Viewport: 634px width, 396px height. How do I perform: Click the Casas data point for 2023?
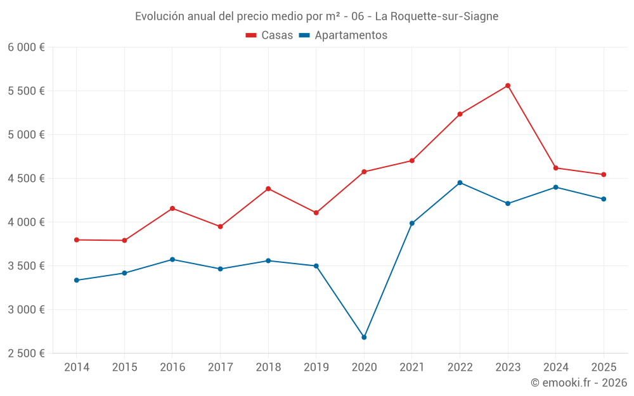click(508, 86)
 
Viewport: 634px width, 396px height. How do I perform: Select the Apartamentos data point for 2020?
click(364, 337)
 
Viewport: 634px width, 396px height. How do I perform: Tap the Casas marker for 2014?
click(76, 240)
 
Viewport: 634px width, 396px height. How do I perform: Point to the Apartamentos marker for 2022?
click(460, 182)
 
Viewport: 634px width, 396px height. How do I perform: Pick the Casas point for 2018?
click(268, 189)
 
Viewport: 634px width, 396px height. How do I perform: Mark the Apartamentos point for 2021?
click(412, 223)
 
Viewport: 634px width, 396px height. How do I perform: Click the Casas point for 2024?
click(556, 168)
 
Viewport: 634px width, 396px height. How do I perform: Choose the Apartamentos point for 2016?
click(172, 259)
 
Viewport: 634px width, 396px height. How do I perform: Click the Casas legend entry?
click(269, 35)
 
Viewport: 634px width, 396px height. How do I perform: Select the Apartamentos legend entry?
click(343, 35)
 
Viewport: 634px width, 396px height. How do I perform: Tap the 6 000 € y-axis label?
click(26, 48)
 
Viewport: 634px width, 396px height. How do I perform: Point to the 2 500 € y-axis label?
click(26, 354)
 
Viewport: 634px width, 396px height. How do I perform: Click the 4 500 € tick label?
click(26, 179)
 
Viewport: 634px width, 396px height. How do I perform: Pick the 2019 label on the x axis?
click(316, 367)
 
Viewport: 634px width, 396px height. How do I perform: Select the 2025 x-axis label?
click(604, 367)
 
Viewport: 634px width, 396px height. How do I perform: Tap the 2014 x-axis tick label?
click(76, 367)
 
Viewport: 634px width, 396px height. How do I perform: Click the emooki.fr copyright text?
click(578, 383)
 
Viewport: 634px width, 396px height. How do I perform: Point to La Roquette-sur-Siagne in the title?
click(437, 16)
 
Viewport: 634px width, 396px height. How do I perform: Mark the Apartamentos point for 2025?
click(604, 199)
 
